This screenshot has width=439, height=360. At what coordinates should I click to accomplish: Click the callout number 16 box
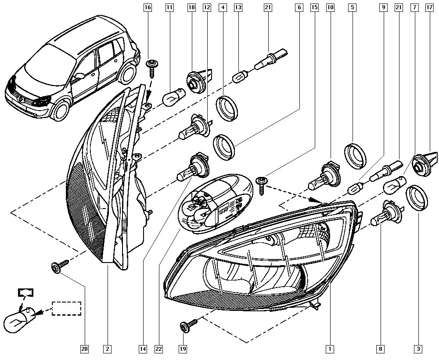pos(148,7)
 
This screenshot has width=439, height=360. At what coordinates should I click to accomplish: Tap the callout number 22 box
pos(158,349)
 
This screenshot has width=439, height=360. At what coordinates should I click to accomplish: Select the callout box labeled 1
pos(328,349)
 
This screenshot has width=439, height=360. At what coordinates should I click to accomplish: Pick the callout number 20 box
pos(84,349)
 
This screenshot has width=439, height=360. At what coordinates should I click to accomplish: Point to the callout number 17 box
pos(429,7)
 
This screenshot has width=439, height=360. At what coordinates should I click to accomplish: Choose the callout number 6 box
pos(299,7)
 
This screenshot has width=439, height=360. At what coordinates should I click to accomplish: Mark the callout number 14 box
pos(142,349)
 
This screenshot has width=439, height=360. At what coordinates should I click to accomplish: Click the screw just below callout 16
pos(151,68)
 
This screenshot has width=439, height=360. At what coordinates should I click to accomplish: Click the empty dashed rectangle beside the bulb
pos(66,308)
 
